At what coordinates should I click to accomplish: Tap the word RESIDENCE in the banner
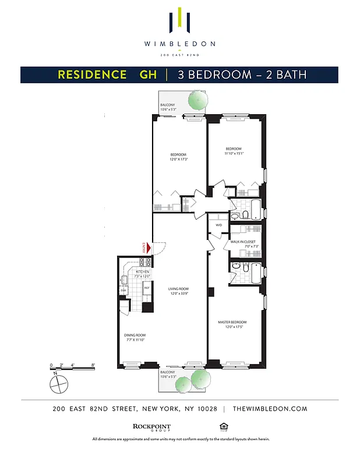tap(92, 75)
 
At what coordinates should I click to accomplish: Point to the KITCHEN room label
tap(143, 272)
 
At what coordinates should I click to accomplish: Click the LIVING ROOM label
tap(179, 289)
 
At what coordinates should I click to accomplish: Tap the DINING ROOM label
tap(135, 335)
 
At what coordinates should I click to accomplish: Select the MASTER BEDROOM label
tap(232, 322)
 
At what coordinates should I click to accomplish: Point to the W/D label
tap(218, 224)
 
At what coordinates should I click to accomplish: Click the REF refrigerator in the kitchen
tap(147, 288)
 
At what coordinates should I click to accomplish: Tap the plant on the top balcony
tap(196, 102)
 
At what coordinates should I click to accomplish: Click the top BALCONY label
tap(168, 105)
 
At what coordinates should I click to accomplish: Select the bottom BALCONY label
tap(168, 372)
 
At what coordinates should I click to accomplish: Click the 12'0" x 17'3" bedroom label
tap(178, 157)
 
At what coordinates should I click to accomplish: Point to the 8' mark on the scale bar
tap(93, 365)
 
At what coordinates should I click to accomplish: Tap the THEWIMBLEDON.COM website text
tap(269, 409)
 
